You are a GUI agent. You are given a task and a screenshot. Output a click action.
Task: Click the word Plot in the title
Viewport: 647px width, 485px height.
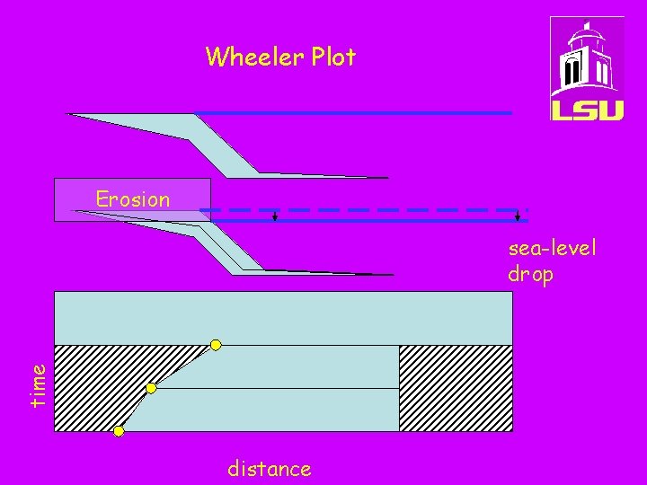333,56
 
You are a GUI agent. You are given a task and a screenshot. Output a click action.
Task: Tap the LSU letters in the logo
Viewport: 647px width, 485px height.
587,110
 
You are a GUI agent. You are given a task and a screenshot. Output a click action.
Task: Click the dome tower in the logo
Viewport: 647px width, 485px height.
586,57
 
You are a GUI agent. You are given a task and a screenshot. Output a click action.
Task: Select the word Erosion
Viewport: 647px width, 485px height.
133,199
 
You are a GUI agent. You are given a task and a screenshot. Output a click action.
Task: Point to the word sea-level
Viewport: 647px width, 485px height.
552,248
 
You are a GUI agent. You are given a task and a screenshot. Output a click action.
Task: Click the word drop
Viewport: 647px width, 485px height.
530,274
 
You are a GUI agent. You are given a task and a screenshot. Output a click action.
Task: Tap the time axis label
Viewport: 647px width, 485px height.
38,385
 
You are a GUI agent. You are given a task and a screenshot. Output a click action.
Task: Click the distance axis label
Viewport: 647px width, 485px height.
270,469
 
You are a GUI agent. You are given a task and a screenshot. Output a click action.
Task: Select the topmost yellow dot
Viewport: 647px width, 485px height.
216,345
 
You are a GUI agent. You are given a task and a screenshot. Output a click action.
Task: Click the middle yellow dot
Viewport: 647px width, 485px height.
151,388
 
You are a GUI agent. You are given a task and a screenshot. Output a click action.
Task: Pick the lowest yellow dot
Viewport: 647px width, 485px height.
119,431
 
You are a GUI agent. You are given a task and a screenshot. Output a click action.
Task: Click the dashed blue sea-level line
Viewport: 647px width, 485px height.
364,210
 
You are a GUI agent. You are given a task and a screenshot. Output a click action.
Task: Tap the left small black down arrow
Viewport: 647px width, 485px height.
275,216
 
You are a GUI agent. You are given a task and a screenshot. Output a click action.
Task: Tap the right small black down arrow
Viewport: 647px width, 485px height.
518,216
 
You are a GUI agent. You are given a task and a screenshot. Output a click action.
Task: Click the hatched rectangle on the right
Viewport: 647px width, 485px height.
456,388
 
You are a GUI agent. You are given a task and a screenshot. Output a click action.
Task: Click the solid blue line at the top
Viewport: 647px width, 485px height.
353,112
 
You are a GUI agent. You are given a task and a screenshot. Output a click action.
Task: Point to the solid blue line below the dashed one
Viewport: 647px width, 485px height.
369,221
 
